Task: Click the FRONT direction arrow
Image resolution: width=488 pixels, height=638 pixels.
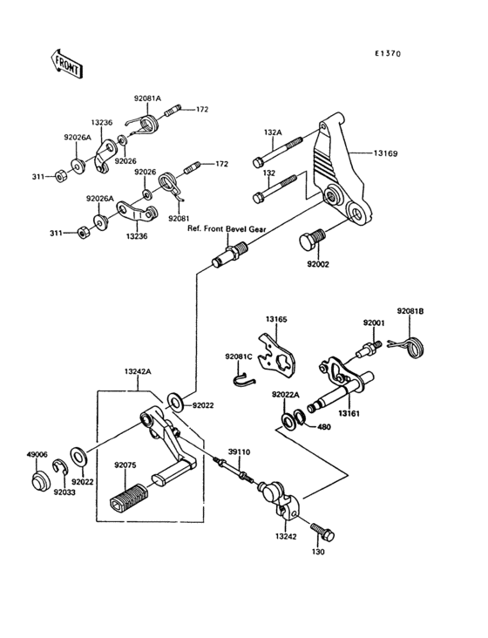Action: point(67,64)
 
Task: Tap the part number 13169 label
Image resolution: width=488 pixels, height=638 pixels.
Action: point(386,153)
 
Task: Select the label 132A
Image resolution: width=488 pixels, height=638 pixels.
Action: point(273,132)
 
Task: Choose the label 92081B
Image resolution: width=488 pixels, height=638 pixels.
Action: point(410,311)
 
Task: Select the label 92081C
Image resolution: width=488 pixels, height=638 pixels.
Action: point(238,357)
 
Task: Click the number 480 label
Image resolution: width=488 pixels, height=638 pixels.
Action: point(323,427)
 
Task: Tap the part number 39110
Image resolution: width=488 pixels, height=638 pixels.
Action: point(239,452)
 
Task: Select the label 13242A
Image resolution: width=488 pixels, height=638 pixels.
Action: point(138,371)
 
